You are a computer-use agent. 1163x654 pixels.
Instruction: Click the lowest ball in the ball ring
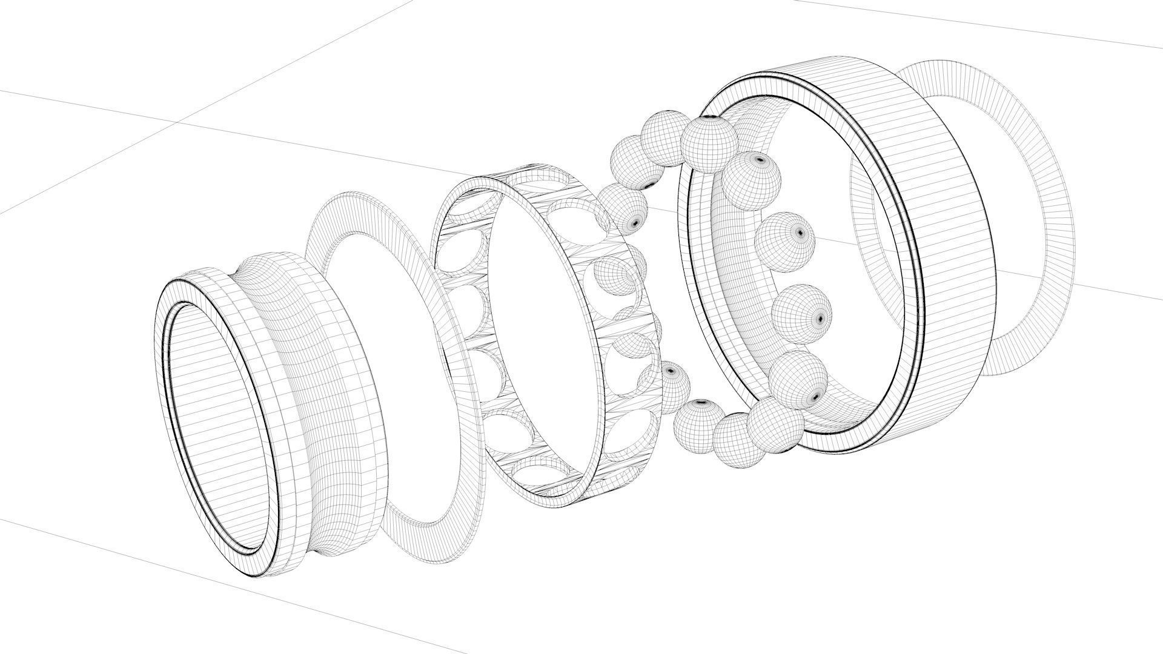(x=737, y=440)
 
